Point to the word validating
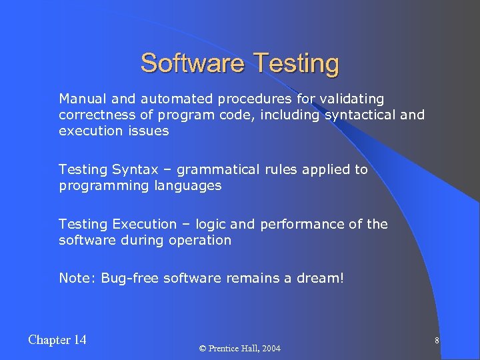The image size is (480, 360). (x=351, y=99)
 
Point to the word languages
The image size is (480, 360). (x=189, y=185)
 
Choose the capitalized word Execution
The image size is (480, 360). (x=145, y=224)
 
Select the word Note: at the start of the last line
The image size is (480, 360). (x=77, y=278)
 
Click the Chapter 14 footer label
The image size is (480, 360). (x=57, y=340)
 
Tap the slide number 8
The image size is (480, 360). (x=436, y=341)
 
